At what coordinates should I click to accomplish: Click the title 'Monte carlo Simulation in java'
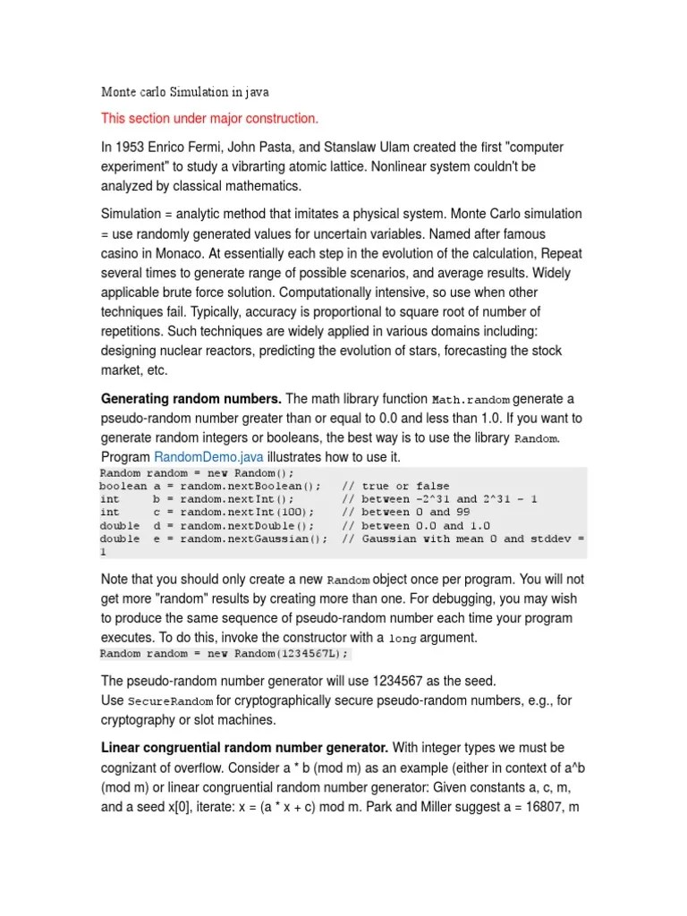pyautogui.click(x=185, y=92)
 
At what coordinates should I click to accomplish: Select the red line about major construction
pyautogui.click(x=209, y=118)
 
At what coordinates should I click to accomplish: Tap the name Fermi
pyautogui.click(x=211, y=147)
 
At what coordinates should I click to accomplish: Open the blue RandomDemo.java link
pyautogui.click(x=201, y=457)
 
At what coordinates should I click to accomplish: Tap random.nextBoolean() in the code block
pyautogui.click(x=250, y=486)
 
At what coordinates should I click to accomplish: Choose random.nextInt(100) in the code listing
pyautogui.click(x=246, y=513)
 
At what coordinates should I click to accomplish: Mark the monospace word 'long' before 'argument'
pyautogui.click(x=402, y=639)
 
